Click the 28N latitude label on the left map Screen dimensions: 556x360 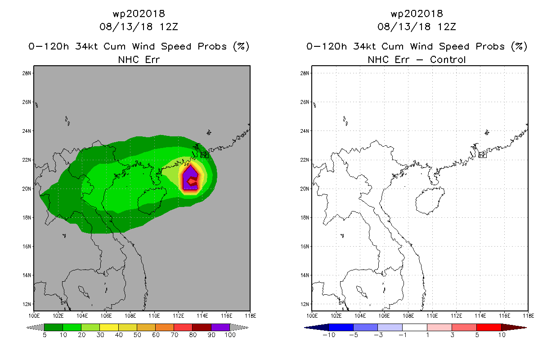coord(27,73)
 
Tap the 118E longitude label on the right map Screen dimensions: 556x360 coord(528,316)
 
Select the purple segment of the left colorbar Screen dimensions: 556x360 coord(220,327)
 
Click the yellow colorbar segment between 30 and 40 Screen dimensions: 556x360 coord(109,327)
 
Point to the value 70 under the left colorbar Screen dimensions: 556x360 coord(175,335)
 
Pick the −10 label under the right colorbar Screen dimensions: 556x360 coord(329,335)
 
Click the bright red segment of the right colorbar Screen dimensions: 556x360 coord(489,327)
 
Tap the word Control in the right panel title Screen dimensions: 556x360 coord(448,60)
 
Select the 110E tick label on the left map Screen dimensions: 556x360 coord(154,316)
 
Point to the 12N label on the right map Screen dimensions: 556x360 coord(305,304)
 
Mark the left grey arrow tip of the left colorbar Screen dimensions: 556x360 coord(26,328)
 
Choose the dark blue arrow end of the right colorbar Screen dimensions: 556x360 coord(305,328)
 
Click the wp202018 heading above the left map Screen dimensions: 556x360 coord(139,14)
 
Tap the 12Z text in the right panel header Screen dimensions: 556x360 coord(447,27)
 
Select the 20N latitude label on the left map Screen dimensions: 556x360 coord(27,189)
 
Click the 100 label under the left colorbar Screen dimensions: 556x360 coord(230,335)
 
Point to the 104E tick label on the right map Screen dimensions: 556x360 coord(360,316)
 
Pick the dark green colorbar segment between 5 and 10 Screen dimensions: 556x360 coord(54,327)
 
